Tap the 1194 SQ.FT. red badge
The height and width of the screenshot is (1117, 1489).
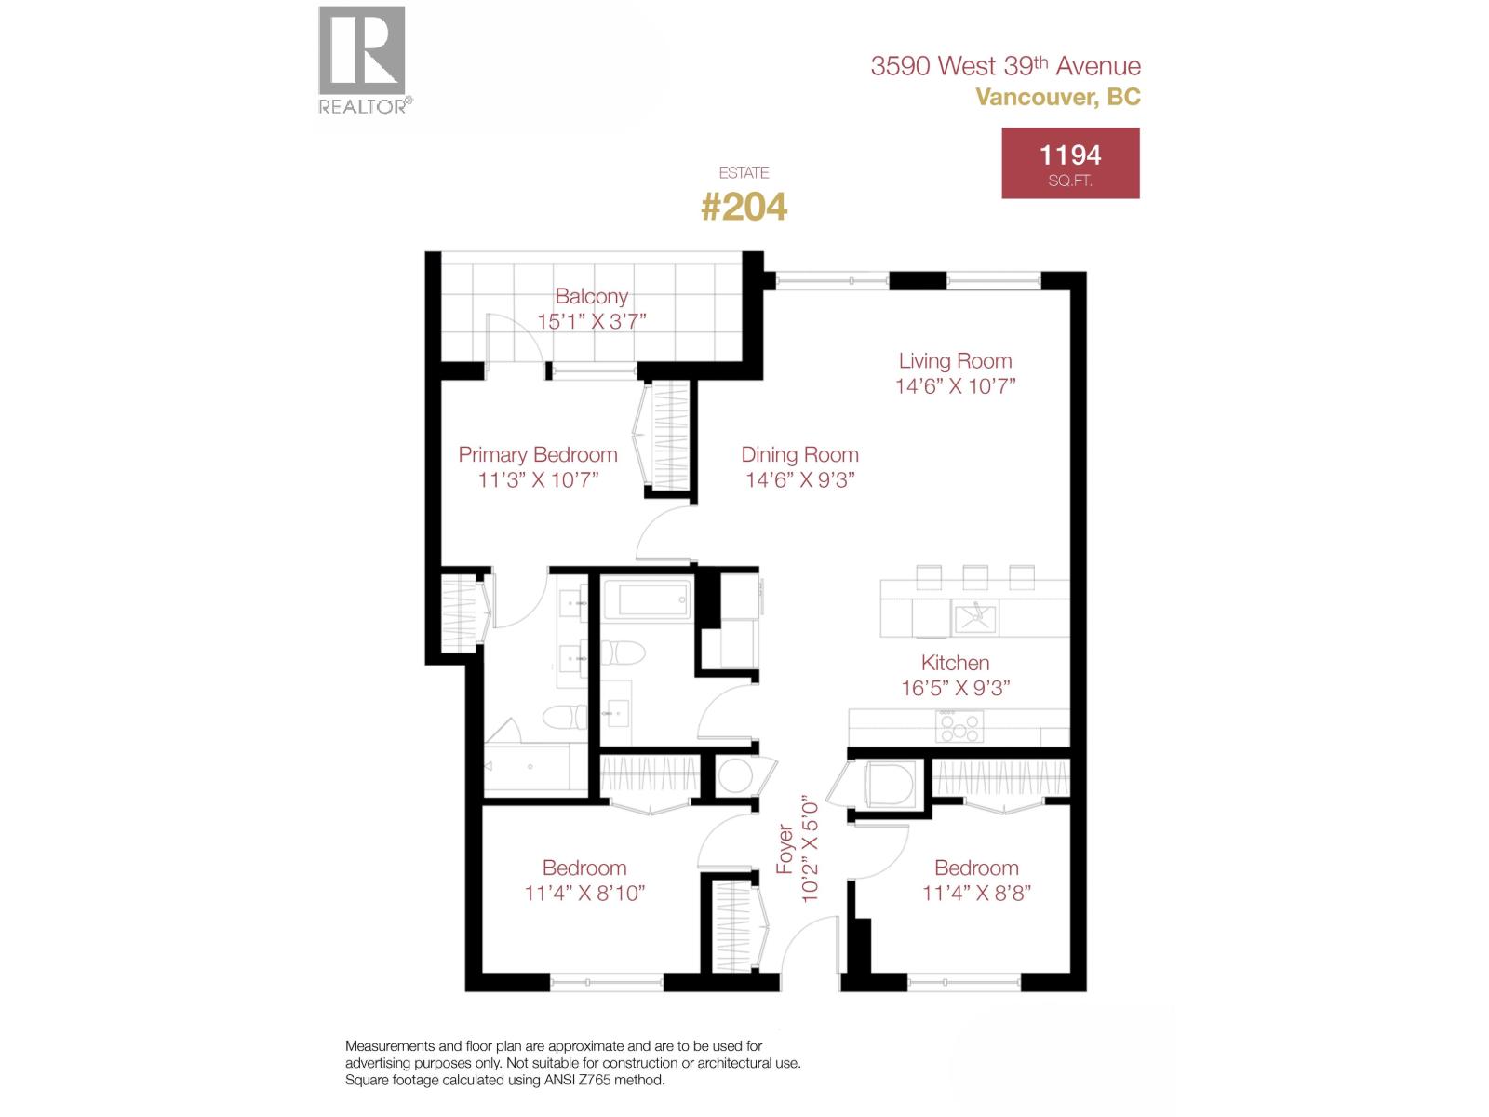[1070, 163]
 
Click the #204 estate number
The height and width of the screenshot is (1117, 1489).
[744, 207]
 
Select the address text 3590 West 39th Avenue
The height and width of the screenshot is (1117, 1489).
[1005, 66]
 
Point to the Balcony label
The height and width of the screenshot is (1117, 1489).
[592, 297]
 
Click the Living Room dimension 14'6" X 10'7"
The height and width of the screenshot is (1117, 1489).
[955, 386]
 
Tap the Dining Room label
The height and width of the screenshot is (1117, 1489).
[799, 455]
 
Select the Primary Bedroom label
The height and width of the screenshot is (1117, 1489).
[538, 455]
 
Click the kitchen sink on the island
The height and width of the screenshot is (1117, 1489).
[974, 616]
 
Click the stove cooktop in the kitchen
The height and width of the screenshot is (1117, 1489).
[959, 726]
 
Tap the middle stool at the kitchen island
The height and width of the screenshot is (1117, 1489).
[974, 577]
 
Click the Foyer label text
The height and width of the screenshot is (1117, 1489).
[785, 848]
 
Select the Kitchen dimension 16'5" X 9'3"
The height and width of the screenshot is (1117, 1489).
[955, 688]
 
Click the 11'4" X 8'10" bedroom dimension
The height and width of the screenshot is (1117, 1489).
[584, 893]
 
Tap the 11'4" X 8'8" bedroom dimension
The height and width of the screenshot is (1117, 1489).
[976, 893]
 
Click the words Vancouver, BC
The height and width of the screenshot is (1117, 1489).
[1057, 97]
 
